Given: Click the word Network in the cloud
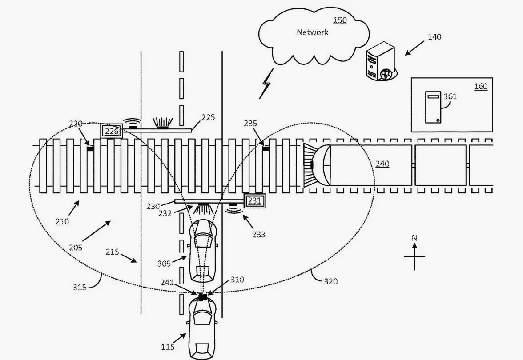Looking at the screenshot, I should pos(312,32).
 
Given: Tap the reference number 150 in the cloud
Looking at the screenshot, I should pos(340,20).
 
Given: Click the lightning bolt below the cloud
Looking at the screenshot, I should pos(266,83).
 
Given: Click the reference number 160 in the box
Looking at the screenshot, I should pos(480,86).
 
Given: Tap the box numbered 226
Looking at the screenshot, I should pos(111,131).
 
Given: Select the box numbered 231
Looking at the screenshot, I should pos(254,201).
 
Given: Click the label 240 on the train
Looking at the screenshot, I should pos(382,164).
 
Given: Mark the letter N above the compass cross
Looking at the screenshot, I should pos(414,238).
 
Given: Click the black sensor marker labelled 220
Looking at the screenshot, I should pos(90,148).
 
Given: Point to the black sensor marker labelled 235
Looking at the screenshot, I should pos(266,148).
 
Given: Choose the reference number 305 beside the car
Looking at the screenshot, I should pos(164,264).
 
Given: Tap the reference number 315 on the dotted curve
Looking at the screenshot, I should pos(80,287).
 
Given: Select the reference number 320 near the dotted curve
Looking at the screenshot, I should pos(330,281).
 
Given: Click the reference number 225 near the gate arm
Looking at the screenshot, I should pos(208,117).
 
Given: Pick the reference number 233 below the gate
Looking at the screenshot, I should pos(258,234).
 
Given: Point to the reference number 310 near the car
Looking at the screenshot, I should pos(237,280).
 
